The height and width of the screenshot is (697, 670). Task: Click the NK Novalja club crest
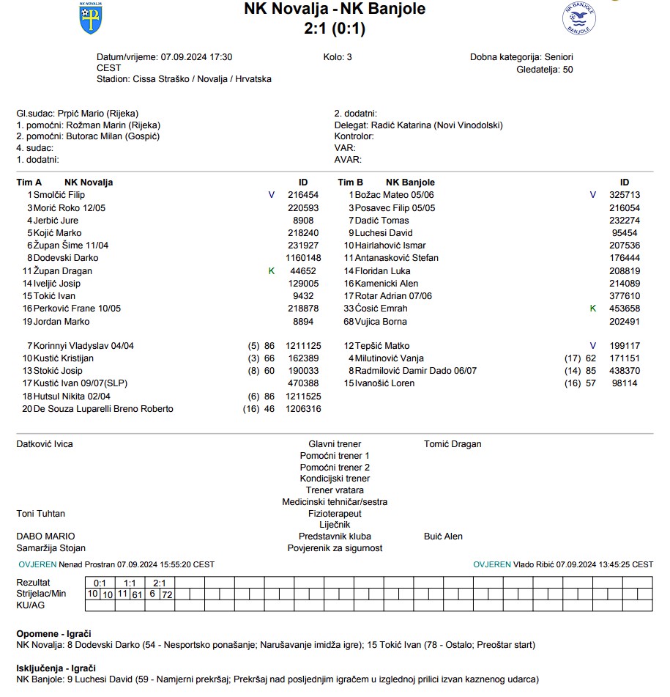click(91, 18)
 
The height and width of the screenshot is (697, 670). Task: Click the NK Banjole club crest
click(578, 18)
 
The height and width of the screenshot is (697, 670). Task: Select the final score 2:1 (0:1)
click(335, 29)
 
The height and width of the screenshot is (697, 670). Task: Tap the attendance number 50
click(567, 70)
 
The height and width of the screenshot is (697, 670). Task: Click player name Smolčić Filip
click(59, 195)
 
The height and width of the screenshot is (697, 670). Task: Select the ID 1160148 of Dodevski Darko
click(303, 258)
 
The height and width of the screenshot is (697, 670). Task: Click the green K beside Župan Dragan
click(272, 271)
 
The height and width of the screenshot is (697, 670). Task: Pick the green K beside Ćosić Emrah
click(593, 309)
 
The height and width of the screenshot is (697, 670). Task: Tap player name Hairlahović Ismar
click(390, 246)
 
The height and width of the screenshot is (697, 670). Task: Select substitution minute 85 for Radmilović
click(591, 371)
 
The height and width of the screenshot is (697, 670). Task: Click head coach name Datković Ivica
click(45, 444)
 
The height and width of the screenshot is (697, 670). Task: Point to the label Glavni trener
click(335, 444)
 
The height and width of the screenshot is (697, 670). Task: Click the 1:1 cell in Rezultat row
click(130, 583)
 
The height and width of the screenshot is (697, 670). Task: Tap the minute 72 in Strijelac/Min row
click(167, 594)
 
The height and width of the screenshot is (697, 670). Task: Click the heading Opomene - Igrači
click(53, 633)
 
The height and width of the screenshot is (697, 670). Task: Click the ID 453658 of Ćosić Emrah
click(625, 309)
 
